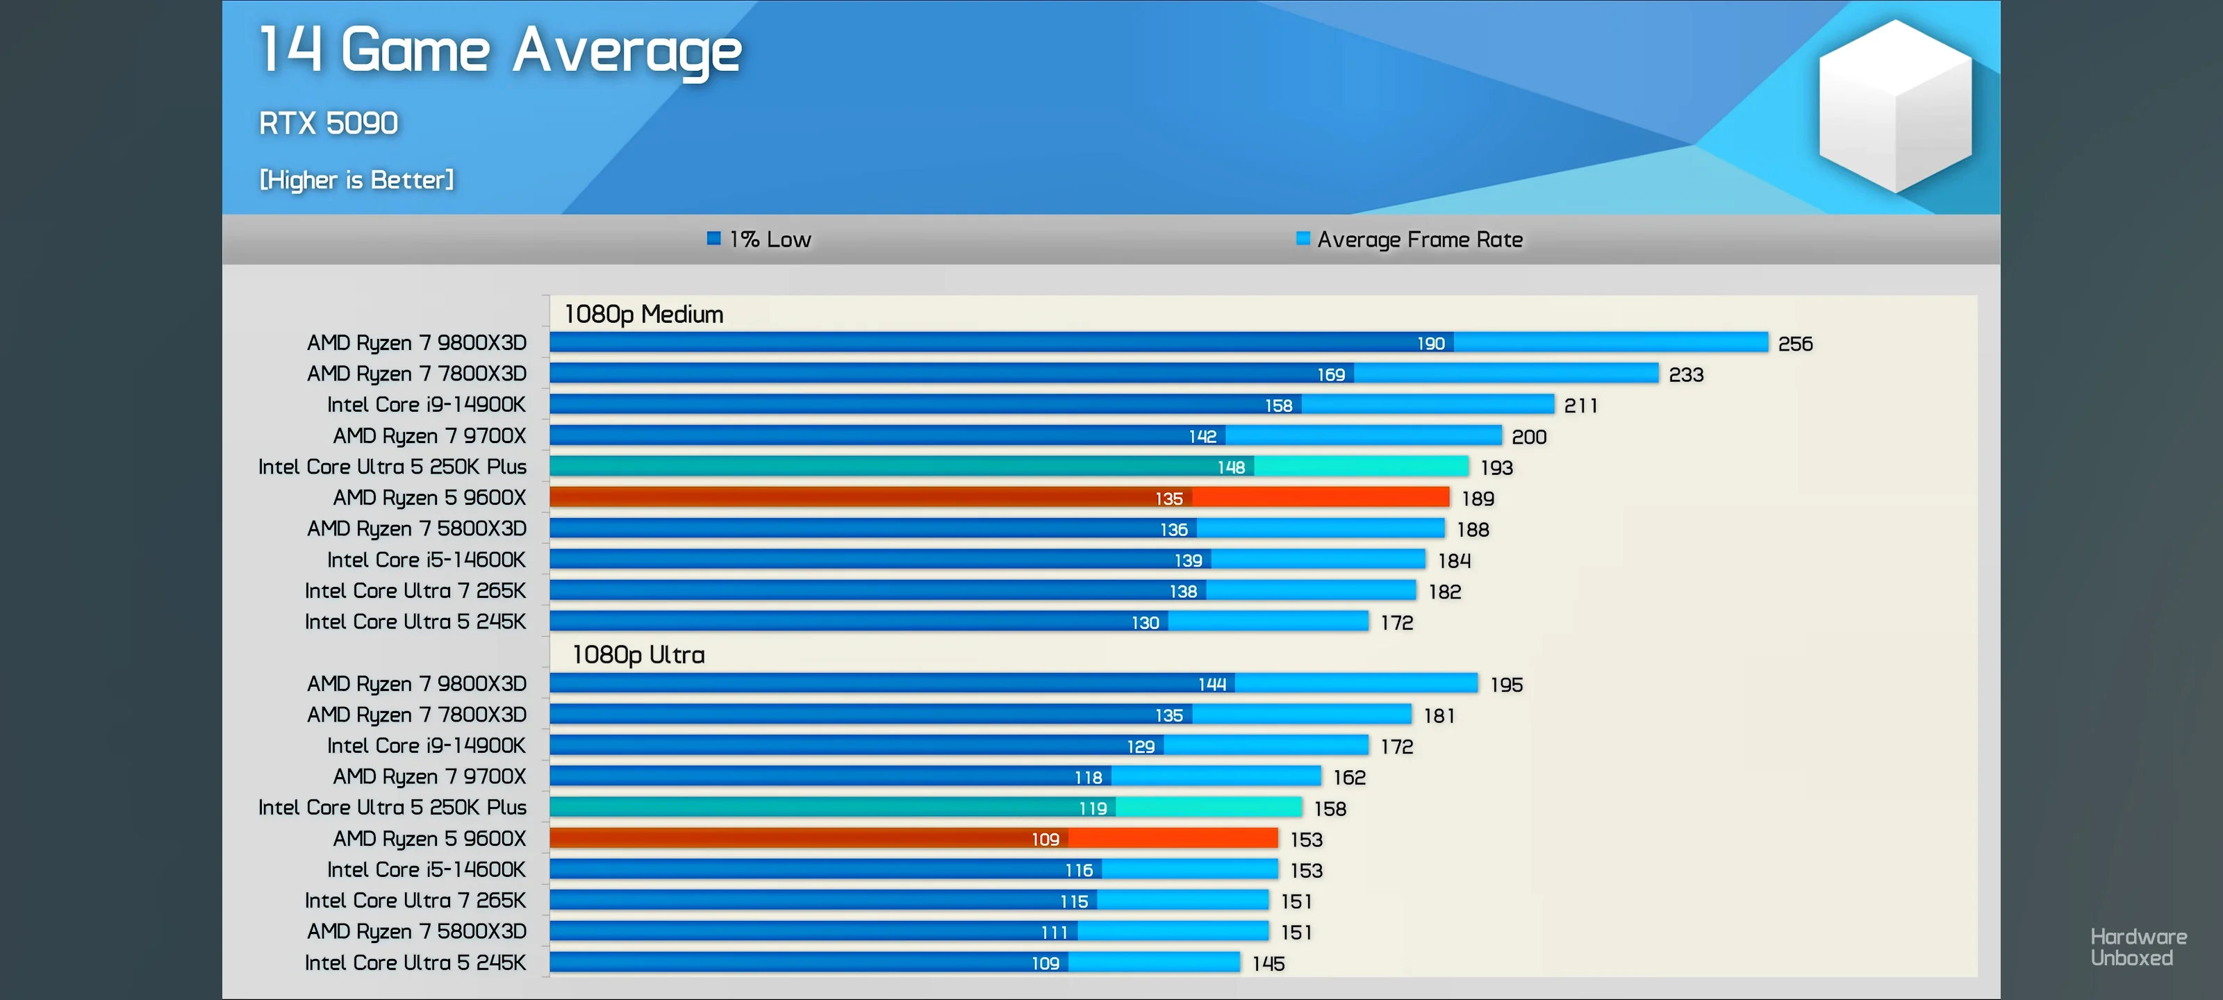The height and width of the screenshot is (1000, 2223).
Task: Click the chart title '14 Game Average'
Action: click(500, 51)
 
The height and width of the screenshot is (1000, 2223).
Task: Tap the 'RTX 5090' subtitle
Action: click(329, 124)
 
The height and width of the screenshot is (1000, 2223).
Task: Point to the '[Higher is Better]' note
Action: click(356, 179)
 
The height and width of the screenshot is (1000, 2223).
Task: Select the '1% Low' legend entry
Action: click(759, 239)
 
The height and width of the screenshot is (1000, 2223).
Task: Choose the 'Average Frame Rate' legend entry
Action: click(1410, 239)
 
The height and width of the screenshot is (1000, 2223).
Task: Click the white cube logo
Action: click(1895, 106)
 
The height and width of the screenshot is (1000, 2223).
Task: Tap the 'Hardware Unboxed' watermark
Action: click(2138, 947)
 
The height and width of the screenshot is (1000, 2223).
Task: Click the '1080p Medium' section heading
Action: click(644, 314)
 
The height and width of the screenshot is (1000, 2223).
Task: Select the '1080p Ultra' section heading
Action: click(638, 655)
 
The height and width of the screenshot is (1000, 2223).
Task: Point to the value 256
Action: click(1795, 343)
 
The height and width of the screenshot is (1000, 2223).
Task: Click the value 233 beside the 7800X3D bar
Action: click(1686, 374)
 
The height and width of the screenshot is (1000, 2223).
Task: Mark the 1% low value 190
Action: click(1431, 343)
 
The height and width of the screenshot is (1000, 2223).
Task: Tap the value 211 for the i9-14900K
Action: click(1581, 406)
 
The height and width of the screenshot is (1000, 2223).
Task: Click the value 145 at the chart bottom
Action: click(1268, 964)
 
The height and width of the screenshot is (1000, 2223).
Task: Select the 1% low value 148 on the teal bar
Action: click(1232, 467)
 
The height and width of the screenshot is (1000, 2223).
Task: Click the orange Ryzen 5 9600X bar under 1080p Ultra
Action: click(914, 837)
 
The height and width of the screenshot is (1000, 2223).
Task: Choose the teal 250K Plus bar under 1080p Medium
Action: click(1009, 467)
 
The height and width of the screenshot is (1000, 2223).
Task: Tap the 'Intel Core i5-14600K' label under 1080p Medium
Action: click(427, 560)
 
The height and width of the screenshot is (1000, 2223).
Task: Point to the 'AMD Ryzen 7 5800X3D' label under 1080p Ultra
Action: click(417, 931)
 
